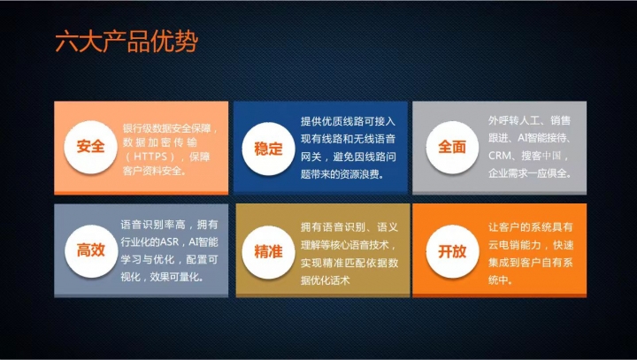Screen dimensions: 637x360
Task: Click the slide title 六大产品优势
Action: point(127,42)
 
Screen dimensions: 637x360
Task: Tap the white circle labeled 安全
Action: point(90,147)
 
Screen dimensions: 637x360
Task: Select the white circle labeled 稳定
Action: point(268,149)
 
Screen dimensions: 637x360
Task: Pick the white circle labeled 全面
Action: point(452,147)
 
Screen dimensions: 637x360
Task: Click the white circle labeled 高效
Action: point(91,250)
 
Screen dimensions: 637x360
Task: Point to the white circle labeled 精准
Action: point(268,252)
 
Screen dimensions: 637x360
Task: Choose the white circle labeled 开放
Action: point(452,251)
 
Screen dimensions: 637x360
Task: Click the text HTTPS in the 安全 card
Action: point(150,157)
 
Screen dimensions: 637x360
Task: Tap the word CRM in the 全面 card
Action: point(500,156)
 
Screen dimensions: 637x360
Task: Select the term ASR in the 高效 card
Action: point(169,242)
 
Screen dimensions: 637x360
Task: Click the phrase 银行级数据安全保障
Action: point(167,128)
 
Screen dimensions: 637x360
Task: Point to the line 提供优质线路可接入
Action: point(348,121)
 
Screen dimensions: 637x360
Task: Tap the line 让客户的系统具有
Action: point(531,227)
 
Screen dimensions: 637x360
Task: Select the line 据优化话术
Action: point(325,280)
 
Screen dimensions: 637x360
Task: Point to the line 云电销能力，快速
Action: point(531,245)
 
